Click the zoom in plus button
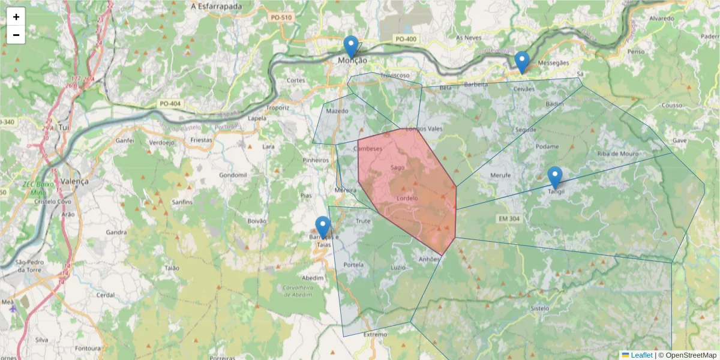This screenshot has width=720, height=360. [16, 17]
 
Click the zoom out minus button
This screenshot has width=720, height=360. [16, 35]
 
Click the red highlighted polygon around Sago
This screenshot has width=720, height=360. [408, 186]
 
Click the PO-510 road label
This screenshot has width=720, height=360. [281, 18]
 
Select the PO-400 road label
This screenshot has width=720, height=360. [406, 39]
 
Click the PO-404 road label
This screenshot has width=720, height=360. [170, 104]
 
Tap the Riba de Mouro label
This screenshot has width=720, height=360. [618, 154]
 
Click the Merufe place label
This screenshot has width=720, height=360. [500, 175]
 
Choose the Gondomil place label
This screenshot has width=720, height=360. [233, 175]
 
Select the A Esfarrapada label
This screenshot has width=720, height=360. [216, 7]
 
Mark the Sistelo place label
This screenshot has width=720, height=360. [540, 308]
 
